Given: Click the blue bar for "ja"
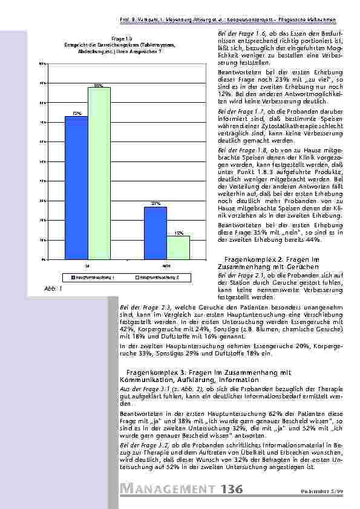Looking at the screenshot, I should tap(76, 187).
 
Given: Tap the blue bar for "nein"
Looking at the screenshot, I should tap(155, 233).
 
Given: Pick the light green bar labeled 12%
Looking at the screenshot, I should tap(178, 247).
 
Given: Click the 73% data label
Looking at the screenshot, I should tap(77, 112).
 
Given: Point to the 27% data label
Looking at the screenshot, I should tap(155, 204).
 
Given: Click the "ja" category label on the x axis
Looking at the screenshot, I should tap(88, 265).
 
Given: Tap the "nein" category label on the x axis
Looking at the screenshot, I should tap(166, 265).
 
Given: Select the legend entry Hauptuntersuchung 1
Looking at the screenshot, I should tap(97, 277).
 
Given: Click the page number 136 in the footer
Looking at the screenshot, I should tap(232, 489).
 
